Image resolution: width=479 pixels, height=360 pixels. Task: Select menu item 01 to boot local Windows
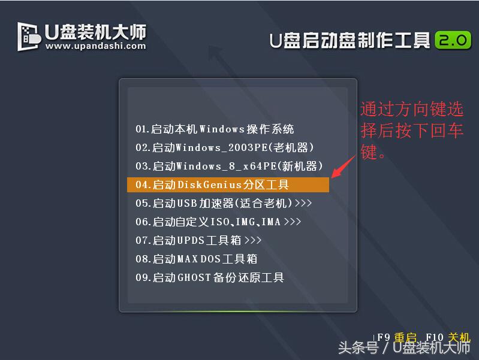tap(215, 129)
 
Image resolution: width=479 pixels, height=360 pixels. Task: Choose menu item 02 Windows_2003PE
tap(225, 147)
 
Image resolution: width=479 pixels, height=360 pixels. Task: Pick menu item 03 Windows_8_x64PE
tap(229, 166)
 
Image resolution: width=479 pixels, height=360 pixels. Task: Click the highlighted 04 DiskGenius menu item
tap(228, 184)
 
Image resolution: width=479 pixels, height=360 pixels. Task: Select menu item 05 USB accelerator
tap(224, 203)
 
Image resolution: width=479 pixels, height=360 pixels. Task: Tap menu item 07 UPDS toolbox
tap(198, 240)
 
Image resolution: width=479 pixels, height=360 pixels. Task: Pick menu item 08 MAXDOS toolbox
tap(196, 259)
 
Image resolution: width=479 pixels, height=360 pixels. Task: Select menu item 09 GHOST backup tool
tap(210, 277)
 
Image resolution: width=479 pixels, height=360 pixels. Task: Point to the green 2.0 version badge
tap(453, 40)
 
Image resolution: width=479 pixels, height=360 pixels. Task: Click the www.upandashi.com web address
tap(95, 46)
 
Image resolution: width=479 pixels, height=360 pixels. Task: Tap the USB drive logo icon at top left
tap(29, 36)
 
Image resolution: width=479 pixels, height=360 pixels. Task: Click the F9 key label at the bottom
tap(384, 338)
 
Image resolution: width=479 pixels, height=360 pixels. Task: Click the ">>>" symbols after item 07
tap(253, 240)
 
